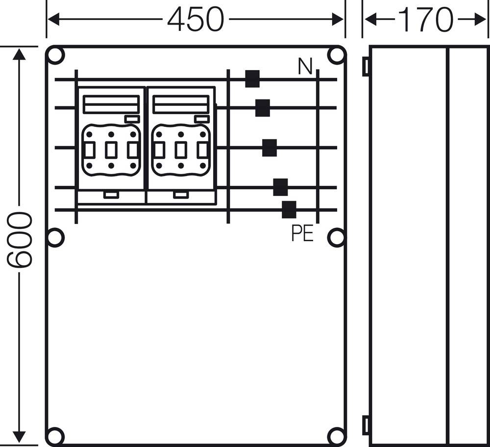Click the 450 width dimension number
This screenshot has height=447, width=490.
click(196, 20)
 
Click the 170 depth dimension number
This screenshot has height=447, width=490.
click(425, 20)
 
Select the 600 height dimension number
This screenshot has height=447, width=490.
click(20, 240)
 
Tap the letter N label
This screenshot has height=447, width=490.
click(305, 67)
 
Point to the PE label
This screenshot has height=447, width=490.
click(302, 234)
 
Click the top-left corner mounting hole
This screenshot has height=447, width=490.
click(55, 55)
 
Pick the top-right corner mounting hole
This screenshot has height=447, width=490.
click(337, 55)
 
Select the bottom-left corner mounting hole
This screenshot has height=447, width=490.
click(55, 436)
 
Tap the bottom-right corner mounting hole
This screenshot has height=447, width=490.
click(337, 436)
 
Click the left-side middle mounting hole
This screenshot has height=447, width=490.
click(55, 238)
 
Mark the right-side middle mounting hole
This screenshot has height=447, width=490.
click(336, 238)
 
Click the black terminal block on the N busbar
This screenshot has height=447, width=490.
click(252, 79)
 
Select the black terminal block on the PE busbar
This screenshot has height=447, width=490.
click(289, 210)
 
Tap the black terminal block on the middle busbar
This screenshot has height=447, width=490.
click(269, 148)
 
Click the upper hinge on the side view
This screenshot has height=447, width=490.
click(366, 67)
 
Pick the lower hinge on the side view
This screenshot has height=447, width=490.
click(366, 425)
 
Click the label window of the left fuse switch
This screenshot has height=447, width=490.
click(111, 104)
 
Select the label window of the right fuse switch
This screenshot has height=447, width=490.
click(180, 104)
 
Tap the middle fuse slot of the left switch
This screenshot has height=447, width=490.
click(111, 150)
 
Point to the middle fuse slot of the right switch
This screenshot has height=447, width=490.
click(180, 150)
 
